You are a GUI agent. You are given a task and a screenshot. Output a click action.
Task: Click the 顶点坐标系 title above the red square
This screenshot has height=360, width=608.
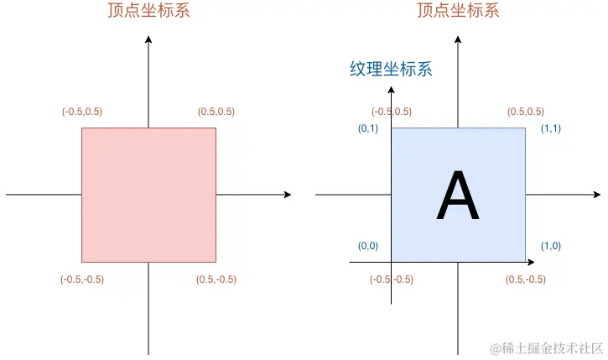pos(148,11)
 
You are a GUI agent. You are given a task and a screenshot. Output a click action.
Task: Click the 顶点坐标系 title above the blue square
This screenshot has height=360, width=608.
pos(457,11)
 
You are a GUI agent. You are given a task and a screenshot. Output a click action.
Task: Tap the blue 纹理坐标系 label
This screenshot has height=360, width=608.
pos(391,70)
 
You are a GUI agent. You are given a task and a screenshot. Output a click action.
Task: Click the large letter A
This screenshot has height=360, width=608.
pos(458,197)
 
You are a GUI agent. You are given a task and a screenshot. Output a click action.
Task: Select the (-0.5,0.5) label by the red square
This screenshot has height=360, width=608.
pos(82,112)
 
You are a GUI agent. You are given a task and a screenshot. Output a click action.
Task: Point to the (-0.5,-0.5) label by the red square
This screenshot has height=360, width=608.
pos(82,279)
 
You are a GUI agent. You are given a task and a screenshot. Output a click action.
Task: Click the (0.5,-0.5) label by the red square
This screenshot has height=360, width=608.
pos(216,279)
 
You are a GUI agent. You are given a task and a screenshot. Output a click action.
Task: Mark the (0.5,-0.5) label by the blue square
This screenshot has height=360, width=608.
pos(526,279)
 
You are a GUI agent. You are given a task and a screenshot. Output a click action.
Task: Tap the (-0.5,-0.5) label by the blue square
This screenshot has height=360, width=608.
pos(392,279)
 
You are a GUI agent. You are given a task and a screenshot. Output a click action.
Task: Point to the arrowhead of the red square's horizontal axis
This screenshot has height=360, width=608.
pos(288,195)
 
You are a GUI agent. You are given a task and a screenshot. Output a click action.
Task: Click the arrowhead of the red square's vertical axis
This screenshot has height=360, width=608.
pos(148,39)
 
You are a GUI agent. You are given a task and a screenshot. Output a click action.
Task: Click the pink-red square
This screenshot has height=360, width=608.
pos(148,195)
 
